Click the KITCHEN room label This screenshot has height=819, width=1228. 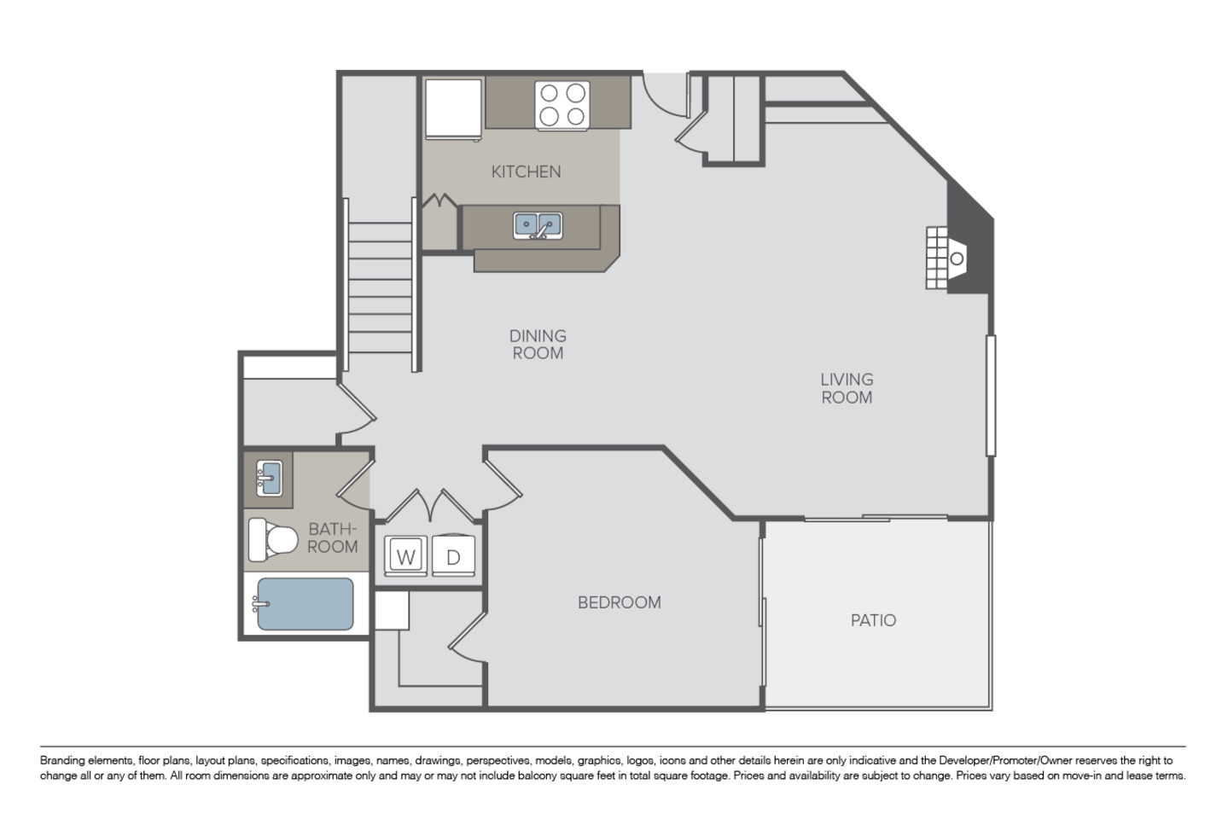point(526,171)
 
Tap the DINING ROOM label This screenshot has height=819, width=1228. point(538,345)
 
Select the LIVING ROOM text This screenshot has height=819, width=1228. point(847,388)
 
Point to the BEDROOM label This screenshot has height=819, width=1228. point(620,602)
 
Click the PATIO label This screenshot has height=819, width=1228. point(873,620)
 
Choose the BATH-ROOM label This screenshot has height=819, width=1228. point(332,537)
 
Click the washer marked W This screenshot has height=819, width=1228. point(405,556)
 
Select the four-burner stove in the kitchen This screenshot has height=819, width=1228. point(562,105)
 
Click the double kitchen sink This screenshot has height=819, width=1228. point(538,226)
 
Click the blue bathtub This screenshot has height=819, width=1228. point(306,603)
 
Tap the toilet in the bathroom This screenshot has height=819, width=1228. point(273,539)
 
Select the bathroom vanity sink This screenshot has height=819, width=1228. point(269,478)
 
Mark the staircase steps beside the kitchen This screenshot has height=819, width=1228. point(380,287)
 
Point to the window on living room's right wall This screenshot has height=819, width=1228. point(991,395)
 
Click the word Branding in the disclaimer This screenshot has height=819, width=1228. point(61,761)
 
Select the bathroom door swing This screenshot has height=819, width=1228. point(353,480)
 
